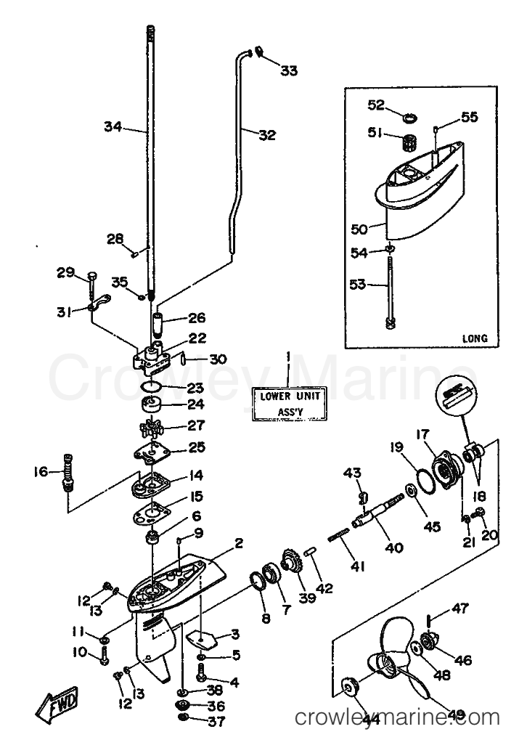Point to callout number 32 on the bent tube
tap(267, 134)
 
